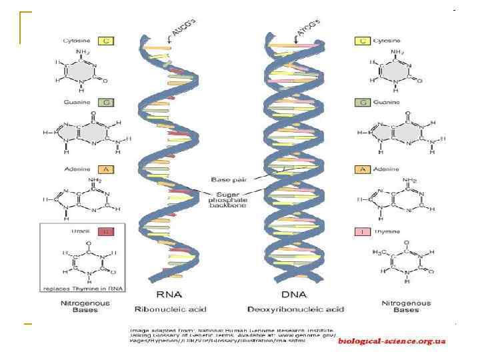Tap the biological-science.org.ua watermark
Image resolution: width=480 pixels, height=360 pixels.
(391, 341)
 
